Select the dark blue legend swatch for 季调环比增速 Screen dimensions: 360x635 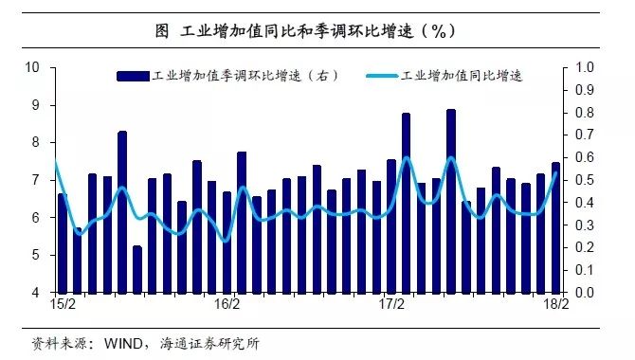tap(132, 75)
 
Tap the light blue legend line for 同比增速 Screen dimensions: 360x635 tap(379, 75)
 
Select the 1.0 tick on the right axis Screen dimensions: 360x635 tap(584, 67)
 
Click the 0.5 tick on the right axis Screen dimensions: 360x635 tap(584, 180)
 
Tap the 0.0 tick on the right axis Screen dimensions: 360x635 tap(584, 293)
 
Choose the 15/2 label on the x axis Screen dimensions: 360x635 tap(63, 306)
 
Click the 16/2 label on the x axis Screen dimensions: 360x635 tap(227, 306)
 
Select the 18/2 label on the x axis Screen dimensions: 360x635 tap(555, 306)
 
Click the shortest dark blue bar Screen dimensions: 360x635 tap(137, 269)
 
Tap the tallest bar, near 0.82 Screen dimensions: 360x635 tap(451, 201)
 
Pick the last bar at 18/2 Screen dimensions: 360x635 tap(555, 227)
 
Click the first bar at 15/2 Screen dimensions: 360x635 tap(63, 243)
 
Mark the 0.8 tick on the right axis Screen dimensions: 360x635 tap(584, 113)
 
